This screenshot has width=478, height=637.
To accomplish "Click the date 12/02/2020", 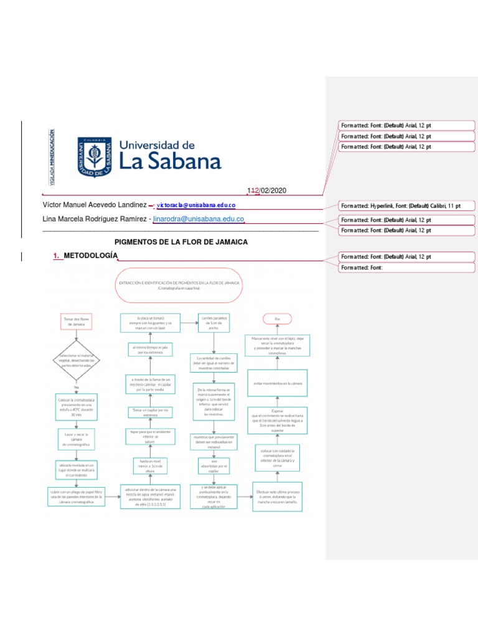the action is (x=268, y=191).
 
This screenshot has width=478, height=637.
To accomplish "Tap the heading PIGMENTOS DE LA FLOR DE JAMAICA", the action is (x=182, y=241).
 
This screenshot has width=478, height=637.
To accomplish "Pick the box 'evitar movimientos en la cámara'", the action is (x=277, y=383).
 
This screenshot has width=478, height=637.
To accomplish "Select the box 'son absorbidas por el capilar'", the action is (x=214, y=466).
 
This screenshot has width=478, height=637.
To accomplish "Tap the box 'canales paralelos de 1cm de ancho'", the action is (x=214, y=322).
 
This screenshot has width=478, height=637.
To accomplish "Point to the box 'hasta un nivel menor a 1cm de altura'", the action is (x=151, y=466).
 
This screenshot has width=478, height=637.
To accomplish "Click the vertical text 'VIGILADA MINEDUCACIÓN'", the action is (x=52, y=158).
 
